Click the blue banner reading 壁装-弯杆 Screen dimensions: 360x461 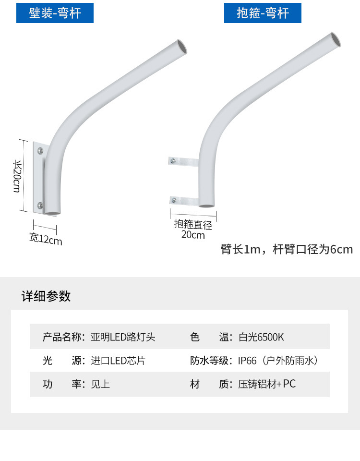point(55,13)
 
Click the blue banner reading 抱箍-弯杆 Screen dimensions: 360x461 point(263,13)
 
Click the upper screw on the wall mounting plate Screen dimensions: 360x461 point(40,152)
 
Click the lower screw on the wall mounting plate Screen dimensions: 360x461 point(40,206)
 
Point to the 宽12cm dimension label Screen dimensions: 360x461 point(46,239)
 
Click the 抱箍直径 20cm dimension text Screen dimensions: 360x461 point(193,230)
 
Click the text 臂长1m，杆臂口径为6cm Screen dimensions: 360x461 point(287,249)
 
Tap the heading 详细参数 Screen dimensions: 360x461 point(46,296)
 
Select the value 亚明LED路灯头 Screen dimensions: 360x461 point(123,337)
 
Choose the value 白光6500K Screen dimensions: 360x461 point(261,337)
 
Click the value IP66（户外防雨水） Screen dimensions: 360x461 point(279,361)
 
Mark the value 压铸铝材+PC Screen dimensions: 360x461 point(267,384)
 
